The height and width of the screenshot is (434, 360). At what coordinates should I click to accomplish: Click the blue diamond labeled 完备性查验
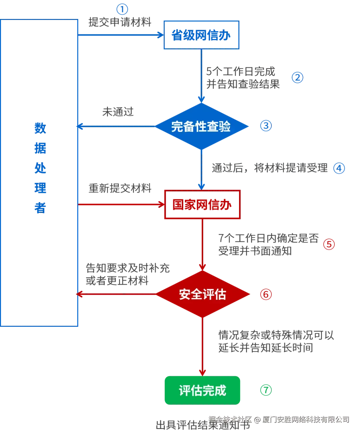pos(201,127)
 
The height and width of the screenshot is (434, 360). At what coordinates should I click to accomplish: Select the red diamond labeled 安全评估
pos(203,294)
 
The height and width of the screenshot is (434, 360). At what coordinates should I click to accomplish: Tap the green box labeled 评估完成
pos(202,390)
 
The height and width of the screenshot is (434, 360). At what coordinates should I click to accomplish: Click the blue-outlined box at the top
pos(201,35)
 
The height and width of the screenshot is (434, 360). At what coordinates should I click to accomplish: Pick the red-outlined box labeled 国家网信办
pos(202,205)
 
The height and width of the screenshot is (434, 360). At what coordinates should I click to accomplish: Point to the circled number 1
pos(122,9)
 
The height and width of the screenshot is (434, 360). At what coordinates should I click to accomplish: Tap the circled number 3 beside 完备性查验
pos(266,126)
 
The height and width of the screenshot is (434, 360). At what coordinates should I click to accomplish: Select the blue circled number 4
pos(340,168)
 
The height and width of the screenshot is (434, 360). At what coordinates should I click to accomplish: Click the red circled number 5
pos(329,244)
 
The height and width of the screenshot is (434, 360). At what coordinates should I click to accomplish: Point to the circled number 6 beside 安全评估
pos(266,294)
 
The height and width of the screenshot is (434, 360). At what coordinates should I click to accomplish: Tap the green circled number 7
pos(266,390)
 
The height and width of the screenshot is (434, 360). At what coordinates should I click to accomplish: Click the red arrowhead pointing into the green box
pos(202,371)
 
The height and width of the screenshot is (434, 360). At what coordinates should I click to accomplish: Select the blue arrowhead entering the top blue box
pos(159,34)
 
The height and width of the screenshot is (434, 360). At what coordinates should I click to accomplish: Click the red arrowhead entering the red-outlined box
pos(161,204)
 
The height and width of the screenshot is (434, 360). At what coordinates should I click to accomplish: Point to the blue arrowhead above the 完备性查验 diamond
pos(201,99)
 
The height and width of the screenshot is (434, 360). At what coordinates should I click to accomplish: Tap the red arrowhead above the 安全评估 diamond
pos(202,267)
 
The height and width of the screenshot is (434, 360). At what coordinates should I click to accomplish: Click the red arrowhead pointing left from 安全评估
pos(79,294)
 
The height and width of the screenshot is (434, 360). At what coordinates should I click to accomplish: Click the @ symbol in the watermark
pos(256,419)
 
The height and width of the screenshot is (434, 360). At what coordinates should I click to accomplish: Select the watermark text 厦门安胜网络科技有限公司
pos(305,419)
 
